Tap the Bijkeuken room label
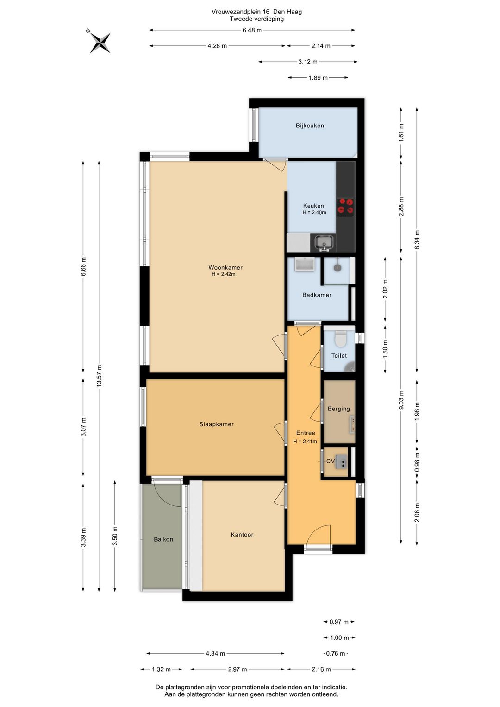point(310,126)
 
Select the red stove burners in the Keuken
point(345,207)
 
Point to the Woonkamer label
point(225,268)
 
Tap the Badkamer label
point(317,295)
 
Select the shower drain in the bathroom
point(337,267)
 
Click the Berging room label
point(338,409)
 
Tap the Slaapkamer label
point(216,424)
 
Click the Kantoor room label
point(242,535)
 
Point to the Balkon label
point(163,539)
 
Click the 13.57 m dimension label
point(99,376)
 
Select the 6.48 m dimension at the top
point(252,30)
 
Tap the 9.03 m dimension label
point(401,400)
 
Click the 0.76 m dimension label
point(336,653)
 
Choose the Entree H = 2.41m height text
point(305,442)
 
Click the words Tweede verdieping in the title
point(256,19)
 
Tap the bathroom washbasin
point(305,265)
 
